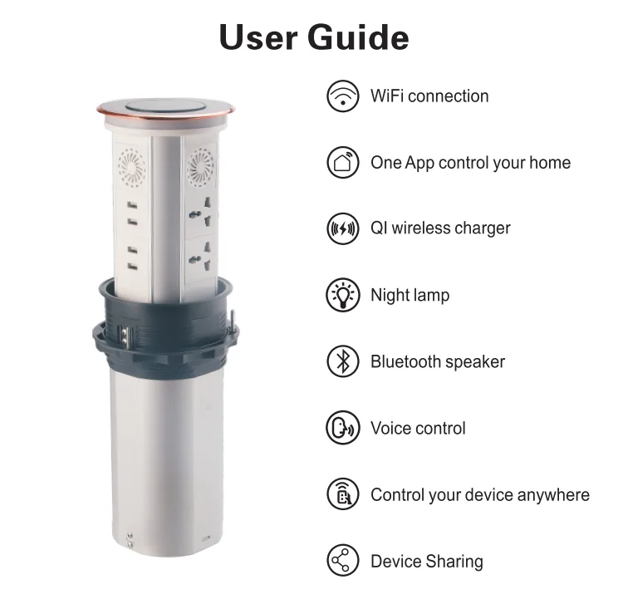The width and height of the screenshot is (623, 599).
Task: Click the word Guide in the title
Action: pyautogui.click(x=357, y=37)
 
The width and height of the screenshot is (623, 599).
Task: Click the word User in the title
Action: pyautogui.click(x=258, y=37)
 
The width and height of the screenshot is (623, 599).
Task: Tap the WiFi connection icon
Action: pyautogui.click(x=343, y=96)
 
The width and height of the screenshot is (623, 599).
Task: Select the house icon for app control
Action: pyautogui.click(x=343, y=162)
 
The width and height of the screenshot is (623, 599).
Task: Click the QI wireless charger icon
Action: pyautogui.click(x=343, y=228)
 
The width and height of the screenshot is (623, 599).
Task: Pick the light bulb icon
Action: pyautogui.click(x=343, y=295)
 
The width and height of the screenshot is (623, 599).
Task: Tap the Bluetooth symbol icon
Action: pyautogui.click(x=343, y=361)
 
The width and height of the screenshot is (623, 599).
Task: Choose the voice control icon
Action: pyautogui.click(x=343, y=428)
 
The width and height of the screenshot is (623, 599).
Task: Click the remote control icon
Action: pyautogui.click(x=343, y=494)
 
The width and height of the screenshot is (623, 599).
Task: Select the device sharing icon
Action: pyautogui.click(x=343, y=561)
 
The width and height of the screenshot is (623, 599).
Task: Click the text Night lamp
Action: pyautogui.click(x=410, y=295)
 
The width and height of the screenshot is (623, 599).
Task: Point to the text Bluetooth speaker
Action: pyautogui.click(x=438, y=361)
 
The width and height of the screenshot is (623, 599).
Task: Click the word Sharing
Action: pyautogui.click(x=454, y=562)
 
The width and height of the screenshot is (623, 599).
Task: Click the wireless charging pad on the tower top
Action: pyautogui.click(x=165, y=106)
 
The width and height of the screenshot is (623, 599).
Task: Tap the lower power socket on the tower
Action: pyautogui.click(x=201, y=258)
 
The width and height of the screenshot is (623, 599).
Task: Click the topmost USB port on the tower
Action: pyautogui.click(x=132, y=205)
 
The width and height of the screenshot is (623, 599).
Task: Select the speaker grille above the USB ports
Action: pyautogui.click(x=131, y=167)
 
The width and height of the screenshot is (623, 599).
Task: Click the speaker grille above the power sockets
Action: pyautogui.click(x=201, y=167)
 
